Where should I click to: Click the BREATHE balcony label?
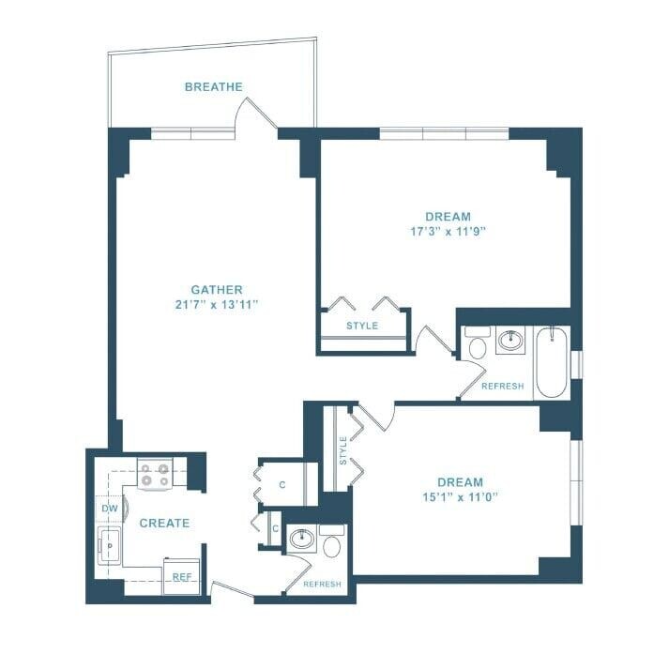pyautogui.click(x=213, y=87)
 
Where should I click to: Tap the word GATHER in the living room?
pyautogui.click(x=217, y=290)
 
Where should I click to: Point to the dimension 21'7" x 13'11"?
pyautogui.click(x=217, y=305)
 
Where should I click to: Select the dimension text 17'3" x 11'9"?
pyautogui.click(x=447, y=231)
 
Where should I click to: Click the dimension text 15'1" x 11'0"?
pyautogui.click(x=459, y=497)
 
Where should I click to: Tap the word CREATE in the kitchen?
pyautogui.click(x=164, y=523)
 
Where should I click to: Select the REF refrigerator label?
pyautogui.click(x=182, y=577)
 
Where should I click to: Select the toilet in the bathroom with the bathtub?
pyautogui.click(x=477, y=345)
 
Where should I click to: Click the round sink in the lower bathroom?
pyautogui.click(x=301, y=540)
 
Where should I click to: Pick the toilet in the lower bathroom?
pyautogui.click(x=331, y=541)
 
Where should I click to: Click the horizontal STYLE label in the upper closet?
pyautogui.click(x=362, y=326)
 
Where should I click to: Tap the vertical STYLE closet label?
pyautogui.click(x=343, y=449)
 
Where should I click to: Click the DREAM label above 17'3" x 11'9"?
pyautogui.click(x=447, y=216)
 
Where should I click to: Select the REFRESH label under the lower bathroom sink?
pyautogui.click(x=322, y=585)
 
